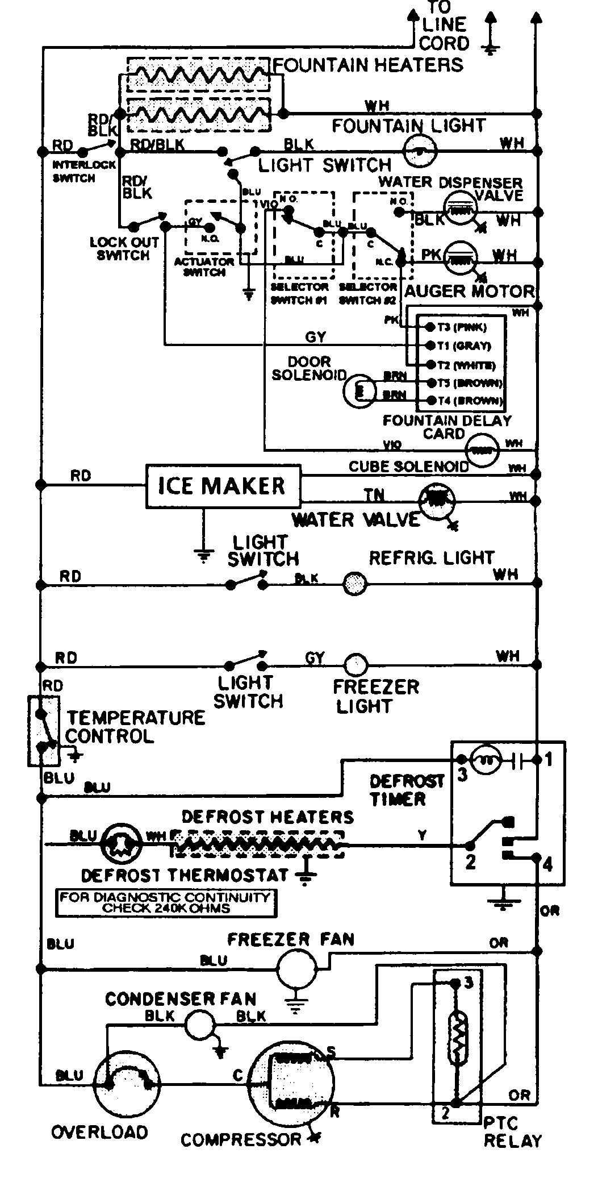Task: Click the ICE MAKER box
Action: click(x=223, y=486)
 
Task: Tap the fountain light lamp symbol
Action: click(x=420, y=149)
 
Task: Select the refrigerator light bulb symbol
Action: click(x=356, y=583)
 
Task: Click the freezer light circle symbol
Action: click(x=356, y=664)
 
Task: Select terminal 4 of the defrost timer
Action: click(x=547, y=864)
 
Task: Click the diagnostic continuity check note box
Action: click(x=166, y=902)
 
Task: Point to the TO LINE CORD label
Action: click(x=445, y=26)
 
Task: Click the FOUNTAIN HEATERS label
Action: click(x=369, y=65)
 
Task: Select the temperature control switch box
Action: click(x=43, y=730)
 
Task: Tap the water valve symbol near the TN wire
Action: click(x=437, y=498)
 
